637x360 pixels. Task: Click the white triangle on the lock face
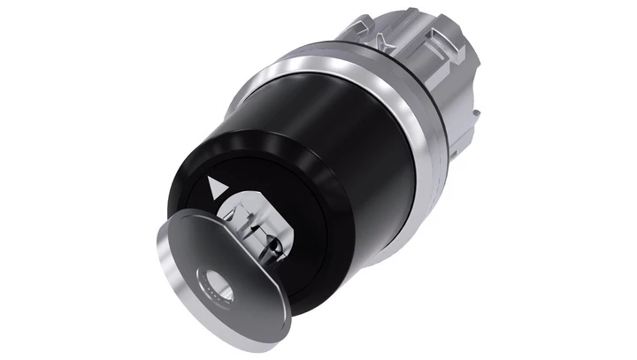pos(213,188)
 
